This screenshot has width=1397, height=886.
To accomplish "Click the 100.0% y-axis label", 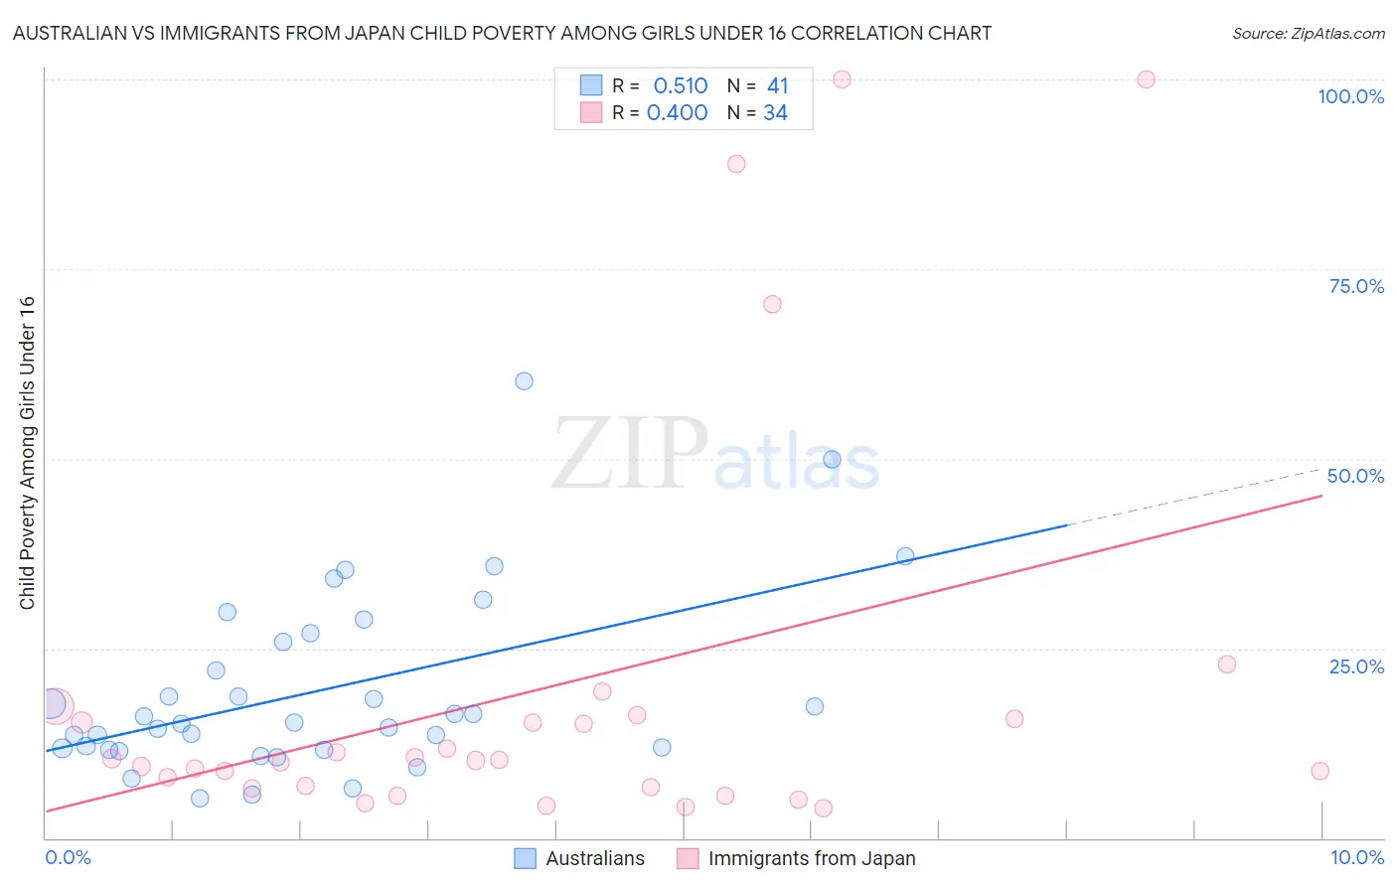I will click(1350, 96).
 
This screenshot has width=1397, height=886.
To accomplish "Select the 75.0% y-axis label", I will click(1356, 286).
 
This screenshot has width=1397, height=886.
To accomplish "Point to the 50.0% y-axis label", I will click(1355, 476).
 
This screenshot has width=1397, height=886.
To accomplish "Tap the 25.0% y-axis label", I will click(1356, 666).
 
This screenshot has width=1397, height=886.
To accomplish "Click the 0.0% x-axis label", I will click(68, 857).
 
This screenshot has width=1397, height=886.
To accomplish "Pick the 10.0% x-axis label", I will click(1356, 857).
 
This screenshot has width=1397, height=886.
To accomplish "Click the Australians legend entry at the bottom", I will click(594, 858).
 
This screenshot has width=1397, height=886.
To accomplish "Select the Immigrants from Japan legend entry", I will click(811, 858).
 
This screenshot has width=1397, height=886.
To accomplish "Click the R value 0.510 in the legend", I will click(680, 86).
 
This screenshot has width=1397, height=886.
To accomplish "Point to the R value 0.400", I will click(677, 113).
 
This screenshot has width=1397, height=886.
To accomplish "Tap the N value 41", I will click(777, 86).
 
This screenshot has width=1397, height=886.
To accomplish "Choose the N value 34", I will click(775, 113).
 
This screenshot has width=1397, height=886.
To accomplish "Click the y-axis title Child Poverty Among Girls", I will click(27, 453).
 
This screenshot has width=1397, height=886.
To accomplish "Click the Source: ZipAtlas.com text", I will click(1308, 34).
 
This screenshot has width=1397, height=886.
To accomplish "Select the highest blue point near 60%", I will click(524, 381).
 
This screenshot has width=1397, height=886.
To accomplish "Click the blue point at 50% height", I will click(832, 459).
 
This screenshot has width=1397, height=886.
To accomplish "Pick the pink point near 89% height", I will click(735, 164).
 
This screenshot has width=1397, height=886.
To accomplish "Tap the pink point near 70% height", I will click(772, 304).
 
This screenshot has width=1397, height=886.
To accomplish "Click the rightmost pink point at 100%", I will click(1146, 79).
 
